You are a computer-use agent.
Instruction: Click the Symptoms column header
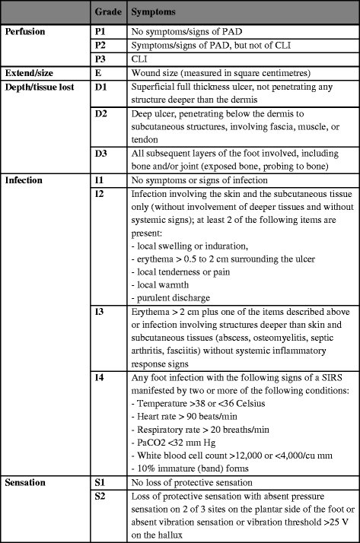(156, 14)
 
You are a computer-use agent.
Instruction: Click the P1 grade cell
(99, 33)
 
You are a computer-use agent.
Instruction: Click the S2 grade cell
(98, 497)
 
